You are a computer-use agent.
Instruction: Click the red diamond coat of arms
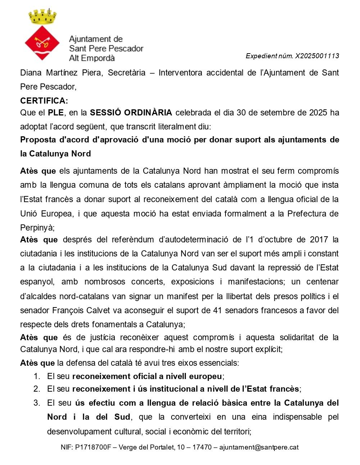pos(42,43)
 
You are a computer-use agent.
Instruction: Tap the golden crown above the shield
pos(42,17)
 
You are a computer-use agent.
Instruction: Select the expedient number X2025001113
pos(317,56)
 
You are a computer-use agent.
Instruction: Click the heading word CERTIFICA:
pos(44,101)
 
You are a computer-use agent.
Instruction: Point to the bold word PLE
pos(56,113)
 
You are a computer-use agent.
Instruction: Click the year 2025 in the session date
pos(317,113)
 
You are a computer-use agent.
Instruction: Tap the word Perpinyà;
pos(37,228)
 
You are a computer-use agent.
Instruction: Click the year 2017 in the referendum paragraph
pos(319,240)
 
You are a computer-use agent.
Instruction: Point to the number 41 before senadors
pos(217,310)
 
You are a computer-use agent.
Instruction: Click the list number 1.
pos(37,376)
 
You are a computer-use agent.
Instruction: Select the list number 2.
pos(37,389)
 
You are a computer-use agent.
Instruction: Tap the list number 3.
pos(37,403)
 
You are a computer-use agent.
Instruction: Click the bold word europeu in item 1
pos(205,377)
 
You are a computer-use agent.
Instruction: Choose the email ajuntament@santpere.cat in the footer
pos(259,447)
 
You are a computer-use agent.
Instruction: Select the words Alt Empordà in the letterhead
pos(92,58)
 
